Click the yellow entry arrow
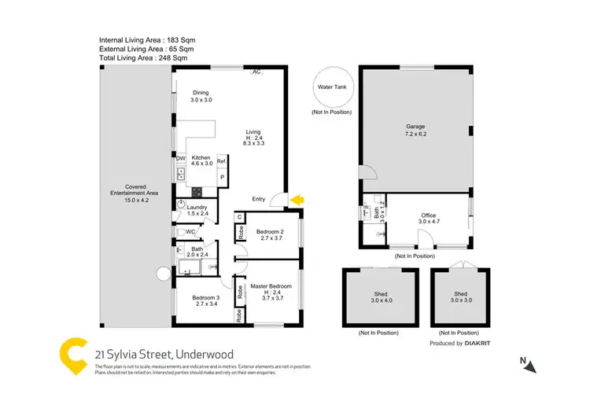click(297, 201)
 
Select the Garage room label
click(415, 130)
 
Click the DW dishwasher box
click(180, 158)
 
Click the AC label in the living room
click(256, 72)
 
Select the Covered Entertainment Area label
click(131, 192)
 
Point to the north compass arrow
click(531, 366)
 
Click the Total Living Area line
click(143, 57)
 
